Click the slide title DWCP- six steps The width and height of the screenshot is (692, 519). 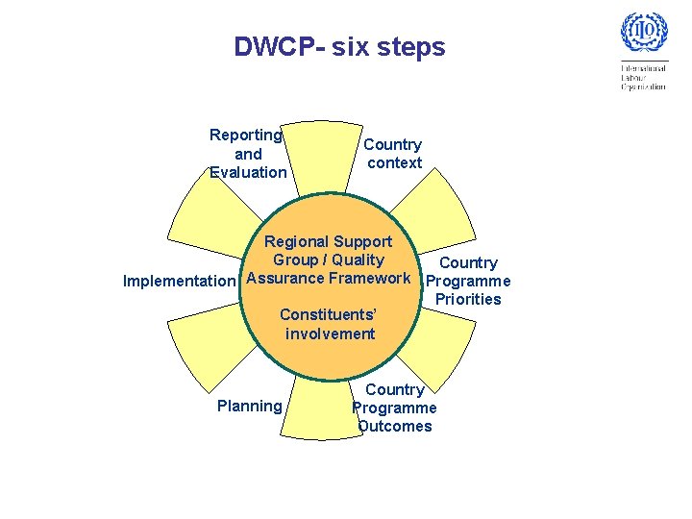tap(339, 46)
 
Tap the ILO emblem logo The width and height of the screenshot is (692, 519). tap(643, 36)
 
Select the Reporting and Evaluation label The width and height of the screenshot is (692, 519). tap(247, 154)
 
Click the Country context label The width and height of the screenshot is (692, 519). tap(394, 154)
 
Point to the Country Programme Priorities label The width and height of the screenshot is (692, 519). tap(468, 281)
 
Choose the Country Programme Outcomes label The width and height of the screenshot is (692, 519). tap(394, 408)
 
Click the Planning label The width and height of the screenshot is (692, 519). tap(250, 406)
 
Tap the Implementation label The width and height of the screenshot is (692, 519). tap(179, 282)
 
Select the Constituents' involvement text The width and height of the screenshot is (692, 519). tap(329, 324)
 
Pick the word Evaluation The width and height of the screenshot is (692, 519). tap(248, 172)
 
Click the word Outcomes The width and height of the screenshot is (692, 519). tap(395, 426)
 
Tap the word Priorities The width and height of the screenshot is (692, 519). tap(468, 299)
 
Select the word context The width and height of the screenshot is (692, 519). tap(395, 162)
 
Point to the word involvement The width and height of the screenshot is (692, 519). tap(330, 334)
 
